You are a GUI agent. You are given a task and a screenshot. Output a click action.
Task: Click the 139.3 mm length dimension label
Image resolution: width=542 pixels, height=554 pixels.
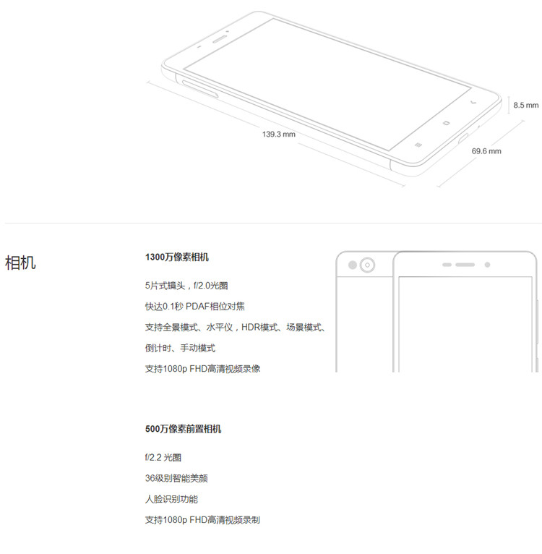click(x=278, y=134)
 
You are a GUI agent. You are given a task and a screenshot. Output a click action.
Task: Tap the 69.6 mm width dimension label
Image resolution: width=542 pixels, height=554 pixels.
click(x=486, y=151)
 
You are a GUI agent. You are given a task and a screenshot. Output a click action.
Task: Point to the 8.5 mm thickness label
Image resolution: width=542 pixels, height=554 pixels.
click(x=525, y=105)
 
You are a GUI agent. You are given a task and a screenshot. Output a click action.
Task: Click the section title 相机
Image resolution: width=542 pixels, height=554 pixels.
click(x=20, y=262)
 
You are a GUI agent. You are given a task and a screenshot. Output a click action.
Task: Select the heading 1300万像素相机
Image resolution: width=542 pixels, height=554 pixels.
click(x=177, y=257)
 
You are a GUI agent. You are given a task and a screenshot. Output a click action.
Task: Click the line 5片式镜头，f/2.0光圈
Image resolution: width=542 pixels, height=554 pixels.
click(x=186, y=286)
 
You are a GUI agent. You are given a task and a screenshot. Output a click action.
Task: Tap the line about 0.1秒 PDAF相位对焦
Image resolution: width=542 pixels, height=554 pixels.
click(x=194, y=306)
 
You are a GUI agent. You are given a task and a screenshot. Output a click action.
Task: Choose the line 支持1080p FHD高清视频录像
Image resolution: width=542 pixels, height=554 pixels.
click(x=202, y=368)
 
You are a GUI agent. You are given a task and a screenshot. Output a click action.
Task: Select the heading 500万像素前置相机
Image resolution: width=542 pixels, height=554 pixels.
click(x=183, y=429)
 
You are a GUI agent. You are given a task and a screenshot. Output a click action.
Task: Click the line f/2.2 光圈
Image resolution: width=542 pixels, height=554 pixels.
click(x=163, y=457)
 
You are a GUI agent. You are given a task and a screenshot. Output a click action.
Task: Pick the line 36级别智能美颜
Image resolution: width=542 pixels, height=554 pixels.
click(x=176, y=478)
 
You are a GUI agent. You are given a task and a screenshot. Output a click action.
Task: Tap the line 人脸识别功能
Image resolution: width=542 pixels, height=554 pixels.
click(x=171, y=499)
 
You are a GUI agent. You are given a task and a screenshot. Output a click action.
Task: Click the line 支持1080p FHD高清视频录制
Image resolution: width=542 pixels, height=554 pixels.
click(x=202, y=519)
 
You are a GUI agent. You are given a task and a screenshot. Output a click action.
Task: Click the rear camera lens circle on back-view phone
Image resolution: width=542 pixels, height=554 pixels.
click(x=368, y=265)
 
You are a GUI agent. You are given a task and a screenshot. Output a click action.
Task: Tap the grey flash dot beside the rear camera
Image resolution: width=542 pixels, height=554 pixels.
click(x=352, y=265)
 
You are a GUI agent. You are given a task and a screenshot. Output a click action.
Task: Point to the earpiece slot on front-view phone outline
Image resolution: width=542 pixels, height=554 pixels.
click(x=463, y=264)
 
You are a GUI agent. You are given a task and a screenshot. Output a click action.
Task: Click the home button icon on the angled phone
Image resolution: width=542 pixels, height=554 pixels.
click(x=446, y=122)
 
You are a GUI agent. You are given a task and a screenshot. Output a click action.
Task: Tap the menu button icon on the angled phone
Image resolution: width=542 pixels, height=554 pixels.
click(x=418, y=143)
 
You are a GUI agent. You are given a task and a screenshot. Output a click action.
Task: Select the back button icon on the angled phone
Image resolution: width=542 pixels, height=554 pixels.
click(x=473, y=103)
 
